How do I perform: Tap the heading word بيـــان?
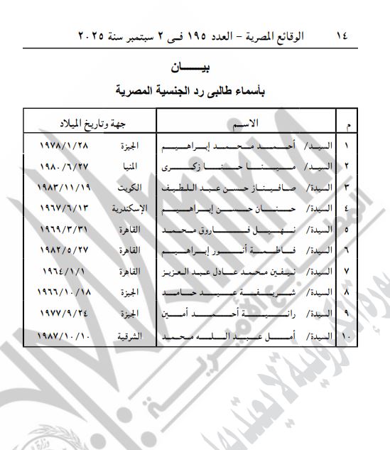195,68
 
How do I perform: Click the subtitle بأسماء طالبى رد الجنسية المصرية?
195,90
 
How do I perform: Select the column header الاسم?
244,125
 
